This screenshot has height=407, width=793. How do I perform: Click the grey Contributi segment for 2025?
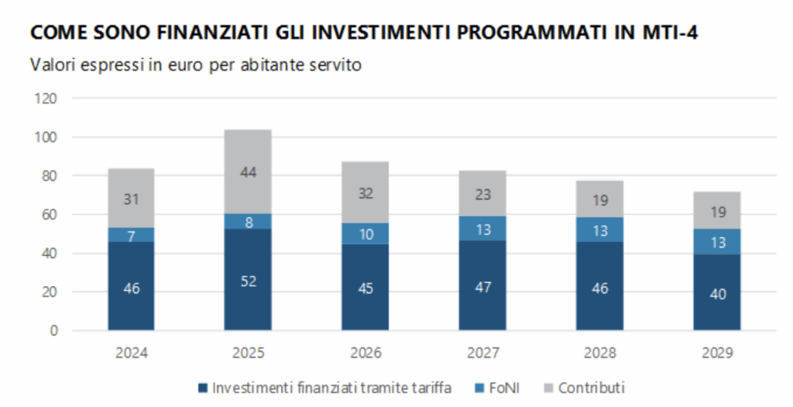click(248, 171)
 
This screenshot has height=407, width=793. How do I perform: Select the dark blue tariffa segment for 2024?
click(131, 286)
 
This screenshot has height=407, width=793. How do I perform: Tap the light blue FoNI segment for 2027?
click(482, 228)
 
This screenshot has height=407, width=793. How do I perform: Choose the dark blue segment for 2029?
click(717, 292)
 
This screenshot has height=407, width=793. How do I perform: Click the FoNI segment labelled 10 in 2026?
click(366, 233)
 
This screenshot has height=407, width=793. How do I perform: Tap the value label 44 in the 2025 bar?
click(248, 172)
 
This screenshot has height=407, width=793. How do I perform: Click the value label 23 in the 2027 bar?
click(482, 195)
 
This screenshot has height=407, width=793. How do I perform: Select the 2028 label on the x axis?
click(600, 353)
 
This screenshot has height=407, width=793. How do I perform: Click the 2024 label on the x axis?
click(131, 353)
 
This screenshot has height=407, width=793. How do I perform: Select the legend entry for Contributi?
click(591, 388)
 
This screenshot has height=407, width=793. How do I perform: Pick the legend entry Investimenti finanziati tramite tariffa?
click(332, 388)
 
